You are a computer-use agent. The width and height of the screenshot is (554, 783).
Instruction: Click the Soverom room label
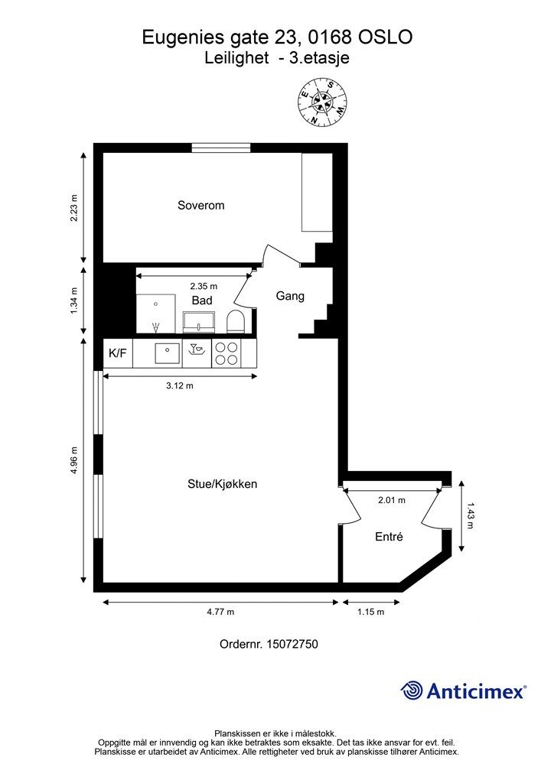click(x=200, y=205)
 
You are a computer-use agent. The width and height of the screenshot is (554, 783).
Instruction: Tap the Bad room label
click(x=202, y=300)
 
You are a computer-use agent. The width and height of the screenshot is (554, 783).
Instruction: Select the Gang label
click(x=290, y=296)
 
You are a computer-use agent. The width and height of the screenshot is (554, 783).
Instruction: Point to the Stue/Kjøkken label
click(x=223, y=484)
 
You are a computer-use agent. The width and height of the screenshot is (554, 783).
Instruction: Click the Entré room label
click(x=389, y=536)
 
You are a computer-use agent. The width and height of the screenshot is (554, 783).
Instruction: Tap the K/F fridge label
click(x=117, y=353)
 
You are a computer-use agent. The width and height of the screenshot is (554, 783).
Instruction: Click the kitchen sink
click(x=168, y=353)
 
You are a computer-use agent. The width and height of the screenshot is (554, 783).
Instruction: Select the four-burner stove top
click(x=226, y=353)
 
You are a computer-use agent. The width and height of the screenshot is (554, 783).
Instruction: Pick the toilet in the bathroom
click(x=235, y=320)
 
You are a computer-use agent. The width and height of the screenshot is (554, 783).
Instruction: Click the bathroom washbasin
click(x=199, y=322)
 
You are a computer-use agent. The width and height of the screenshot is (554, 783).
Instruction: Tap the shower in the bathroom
click(x=156, y=313)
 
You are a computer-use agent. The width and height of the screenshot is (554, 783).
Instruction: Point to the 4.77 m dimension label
click(x=220, y=612)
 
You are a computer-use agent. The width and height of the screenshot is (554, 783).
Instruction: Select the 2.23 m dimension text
click(x=74, y=208)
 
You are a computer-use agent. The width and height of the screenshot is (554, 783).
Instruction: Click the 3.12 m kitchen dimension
click(x=180, y=385)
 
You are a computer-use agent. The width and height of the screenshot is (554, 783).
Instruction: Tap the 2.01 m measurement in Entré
click(x=392, y=500)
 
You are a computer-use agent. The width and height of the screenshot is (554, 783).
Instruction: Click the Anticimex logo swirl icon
click(x=412, y=690)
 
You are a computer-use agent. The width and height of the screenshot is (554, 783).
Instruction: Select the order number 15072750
click(x=292, y=644)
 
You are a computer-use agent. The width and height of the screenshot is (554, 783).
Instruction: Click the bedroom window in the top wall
click(x=221, y=148)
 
